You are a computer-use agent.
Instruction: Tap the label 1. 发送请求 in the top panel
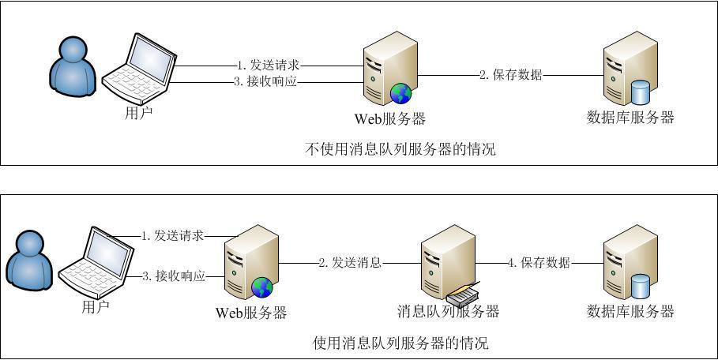pos(268,65)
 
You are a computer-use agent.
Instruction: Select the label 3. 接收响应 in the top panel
pos(267,81)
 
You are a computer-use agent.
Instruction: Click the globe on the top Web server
pos(400,94)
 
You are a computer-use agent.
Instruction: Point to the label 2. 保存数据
pos(511,75)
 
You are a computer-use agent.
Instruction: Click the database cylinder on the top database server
pos(640,93)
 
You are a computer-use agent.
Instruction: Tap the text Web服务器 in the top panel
pos(390,119)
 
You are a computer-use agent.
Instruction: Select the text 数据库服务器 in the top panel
pos(630,118)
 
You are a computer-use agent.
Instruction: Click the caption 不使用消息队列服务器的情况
pos(400,148)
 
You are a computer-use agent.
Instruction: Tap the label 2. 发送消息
pos(350,263)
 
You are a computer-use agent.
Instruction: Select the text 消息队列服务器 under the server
pos(448,311)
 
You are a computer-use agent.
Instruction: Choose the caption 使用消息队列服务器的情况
pos(400,343)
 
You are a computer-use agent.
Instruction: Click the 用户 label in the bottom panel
pos(96,307)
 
